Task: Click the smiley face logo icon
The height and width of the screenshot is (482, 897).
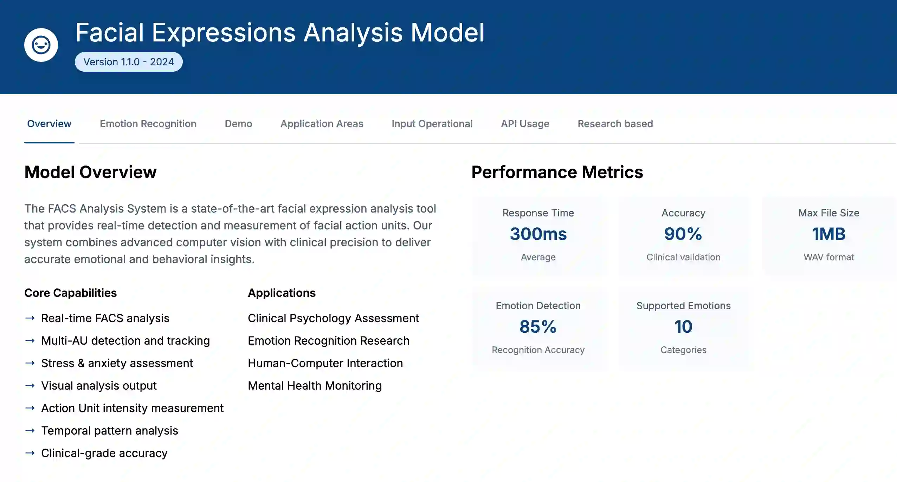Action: pos(41,45)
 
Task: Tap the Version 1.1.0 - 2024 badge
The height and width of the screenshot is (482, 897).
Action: pos(129,62)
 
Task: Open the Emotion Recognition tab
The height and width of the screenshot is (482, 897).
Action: pos(148,124)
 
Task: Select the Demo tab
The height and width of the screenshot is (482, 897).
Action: pos(238,124)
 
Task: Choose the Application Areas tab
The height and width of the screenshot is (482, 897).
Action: pos(322,124)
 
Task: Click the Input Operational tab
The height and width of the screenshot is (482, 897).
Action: pos(432,124)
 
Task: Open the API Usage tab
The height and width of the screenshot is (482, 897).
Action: pos(525,124)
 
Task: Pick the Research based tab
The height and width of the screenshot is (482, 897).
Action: pos(615,124)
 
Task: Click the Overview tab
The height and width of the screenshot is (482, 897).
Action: pos(49,124)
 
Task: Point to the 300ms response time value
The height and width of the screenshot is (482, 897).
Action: pos(538,234)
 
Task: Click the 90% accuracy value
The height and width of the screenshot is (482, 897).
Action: pos(683,234)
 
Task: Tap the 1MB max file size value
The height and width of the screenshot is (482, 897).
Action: pos(828,234)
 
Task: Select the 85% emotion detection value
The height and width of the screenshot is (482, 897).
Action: pos(538,327)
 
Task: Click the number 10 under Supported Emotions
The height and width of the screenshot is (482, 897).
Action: pos(683,327)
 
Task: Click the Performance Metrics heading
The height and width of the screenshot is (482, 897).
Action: pos(557,172)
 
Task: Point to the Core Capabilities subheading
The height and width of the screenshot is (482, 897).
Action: pos(70,293)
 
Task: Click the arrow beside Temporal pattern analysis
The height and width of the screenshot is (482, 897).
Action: pos(30,431)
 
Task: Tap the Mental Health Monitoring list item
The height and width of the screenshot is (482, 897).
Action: pos(315,386)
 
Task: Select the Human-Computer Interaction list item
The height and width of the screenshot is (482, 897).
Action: pos(325,363)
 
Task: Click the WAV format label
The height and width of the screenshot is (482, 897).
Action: pos(828,257)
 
